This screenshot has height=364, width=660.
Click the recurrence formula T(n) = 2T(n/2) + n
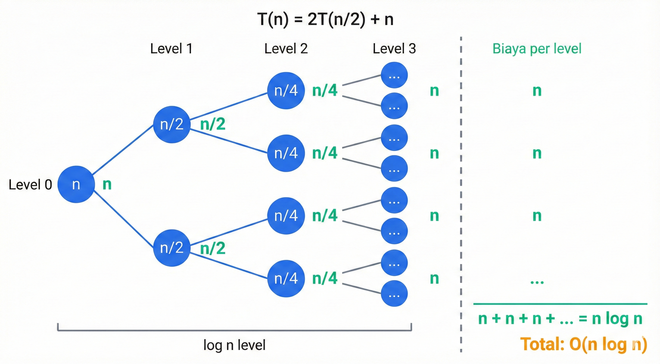coord(325,19)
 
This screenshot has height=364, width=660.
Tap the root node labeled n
coord(76,184)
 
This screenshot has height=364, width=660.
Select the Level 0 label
coord(30,184)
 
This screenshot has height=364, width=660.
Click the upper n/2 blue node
coord(172,124)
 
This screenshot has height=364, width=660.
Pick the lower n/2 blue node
coord(172,248)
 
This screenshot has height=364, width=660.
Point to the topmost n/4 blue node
coord(286,91)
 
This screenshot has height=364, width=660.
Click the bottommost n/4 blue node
coord(286,278)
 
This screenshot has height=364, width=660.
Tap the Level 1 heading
coord(171,49)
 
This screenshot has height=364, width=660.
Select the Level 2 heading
coord(286,49)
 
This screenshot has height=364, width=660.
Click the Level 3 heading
coord(394,49)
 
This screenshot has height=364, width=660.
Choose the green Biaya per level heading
coord(537,49)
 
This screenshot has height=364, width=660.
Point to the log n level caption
coord(234,345)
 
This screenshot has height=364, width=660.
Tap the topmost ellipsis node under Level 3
coord(394,75)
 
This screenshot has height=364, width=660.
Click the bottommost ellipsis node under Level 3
coord(394,294)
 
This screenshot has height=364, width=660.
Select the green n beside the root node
coord(107,184)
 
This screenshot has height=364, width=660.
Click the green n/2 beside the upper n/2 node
coord(213,124)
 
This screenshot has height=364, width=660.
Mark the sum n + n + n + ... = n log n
coord(560,319)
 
